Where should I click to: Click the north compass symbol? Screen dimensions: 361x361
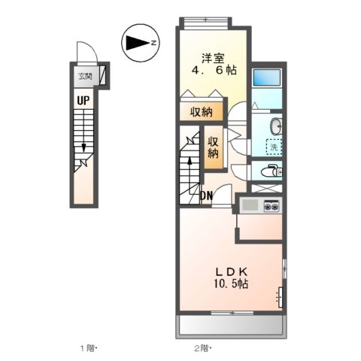click(x=139, y=43)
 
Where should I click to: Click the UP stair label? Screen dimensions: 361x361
click(x=80, y=99)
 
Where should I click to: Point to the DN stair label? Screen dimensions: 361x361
click(x=206, y=197)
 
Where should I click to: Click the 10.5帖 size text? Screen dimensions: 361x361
click(x=229, y=285)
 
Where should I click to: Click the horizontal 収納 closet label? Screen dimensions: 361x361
click(x=201, y=111)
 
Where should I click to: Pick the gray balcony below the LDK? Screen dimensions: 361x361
click(x=231, y=324)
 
